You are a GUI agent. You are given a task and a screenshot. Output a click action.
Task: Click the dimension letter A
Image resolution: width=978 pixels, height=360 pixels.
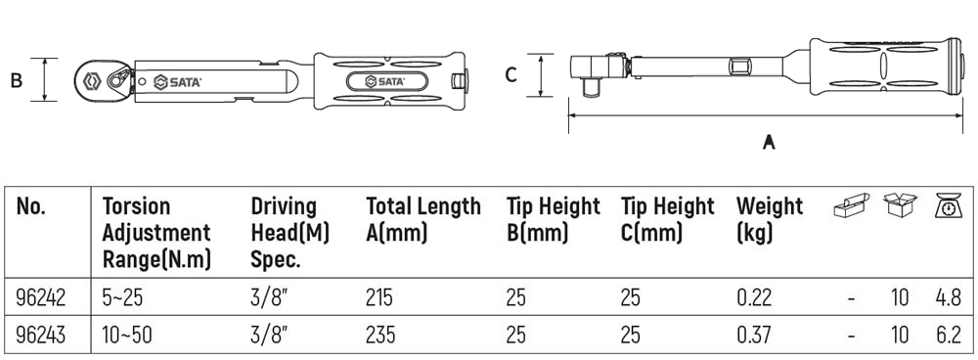[769, 142]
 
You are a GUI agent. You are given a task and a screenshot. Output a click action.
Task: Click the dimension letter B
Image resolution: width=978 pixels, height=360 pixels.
[17, 80]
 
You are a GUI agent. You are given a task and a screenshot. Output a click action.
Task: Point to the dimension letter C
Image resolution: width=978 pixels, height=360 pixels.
[511, 75]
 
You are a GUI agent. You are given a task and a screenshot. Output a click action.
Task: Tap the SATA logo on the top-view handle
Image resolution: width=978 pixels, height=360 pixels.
[384, 82]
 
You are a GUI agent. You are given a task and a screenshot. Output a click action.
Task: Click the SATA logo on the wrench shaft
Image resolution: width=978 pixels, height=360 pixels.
[177, 82]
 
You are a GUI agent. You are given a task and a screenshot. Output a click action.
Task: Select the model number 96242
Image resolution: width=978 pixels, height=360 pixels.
[40, 297]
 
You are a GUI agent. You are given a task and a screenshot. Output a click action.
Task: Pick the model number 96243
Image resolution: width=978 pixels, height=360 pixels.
[40, 335]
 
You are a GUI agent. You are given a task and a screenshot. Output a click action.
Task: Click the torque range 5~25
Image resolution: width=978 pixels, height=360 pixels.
[123, 297]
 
